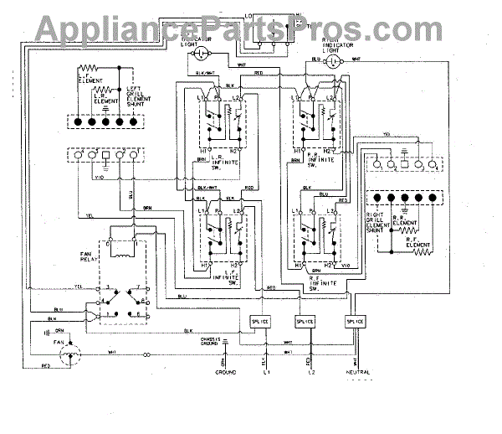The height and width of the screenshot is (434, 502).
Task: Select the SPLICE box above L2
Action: (x=305, y=323)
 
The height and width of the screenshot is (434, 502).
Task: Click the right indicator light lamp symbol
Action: (x=334, y=61)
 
